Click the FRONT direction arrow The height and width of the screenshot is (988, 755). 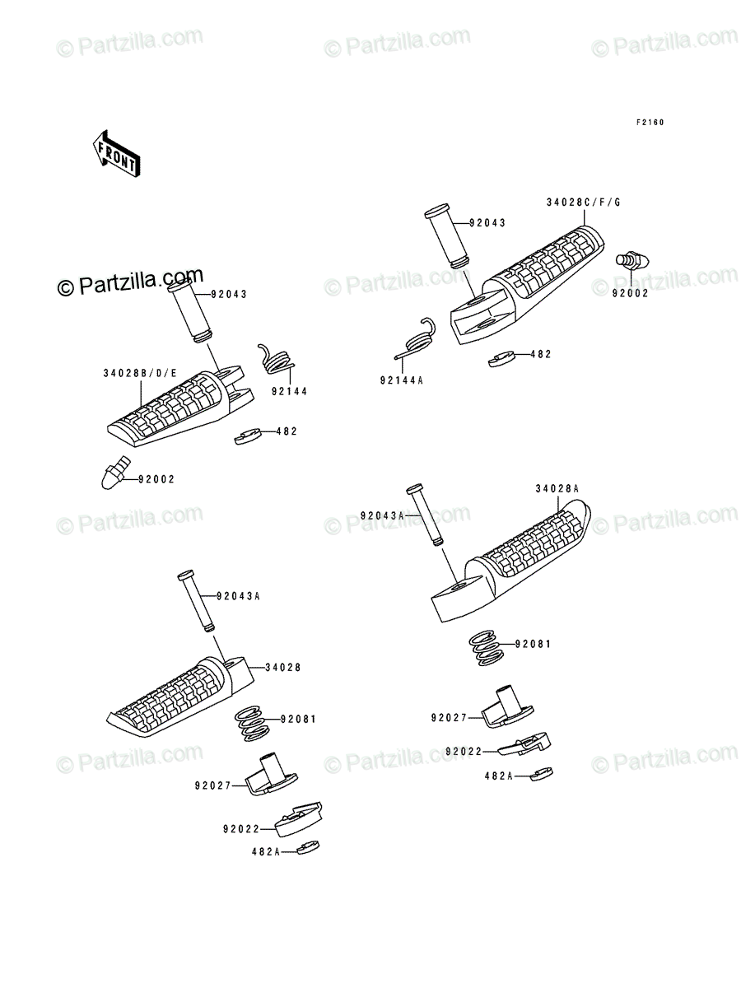click(x=117, y=153)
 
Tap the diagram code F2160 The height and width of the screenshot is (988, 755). click(x=650, y=123)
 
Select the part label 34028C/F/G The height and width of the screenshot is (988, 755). click(x=584, y=203)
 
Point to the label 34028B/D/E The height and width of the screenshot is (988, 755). click(x=140, y=373)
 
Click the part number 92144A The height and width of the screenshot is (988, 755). click(x=402, y=381)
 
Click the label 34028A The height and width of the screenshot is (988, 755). click(x=557, y=489)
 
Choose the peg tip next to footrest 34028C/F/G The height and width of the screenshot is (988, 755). click(x=632, y=261)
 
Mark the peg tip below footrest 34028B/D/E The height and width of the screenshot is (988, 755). click(x=114, y=473)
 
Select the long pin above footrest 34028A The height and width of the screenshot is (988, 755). click(x=425, y=515)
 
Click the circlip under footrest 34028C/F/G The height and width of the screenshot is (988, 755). click(x=502, y=359)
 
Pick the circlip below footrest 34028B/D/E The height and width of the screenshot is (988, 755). click(x=248, y=436)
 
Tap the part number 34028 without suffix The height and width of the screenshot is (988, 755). click(x=283, y=667)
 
